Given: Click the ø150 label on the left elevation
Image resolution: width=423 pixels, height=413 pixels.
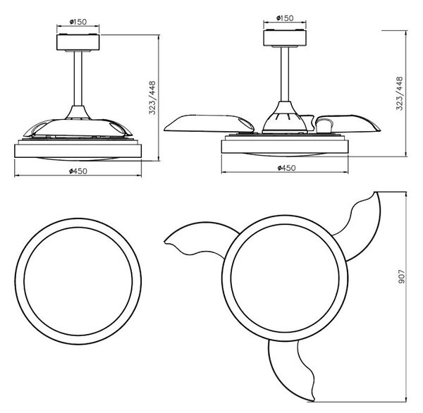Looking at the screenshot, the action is click(x=78, y=22).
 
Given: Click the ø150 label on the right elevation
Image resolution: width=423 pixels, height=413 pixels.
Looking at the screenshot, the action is click(x=285, y=18).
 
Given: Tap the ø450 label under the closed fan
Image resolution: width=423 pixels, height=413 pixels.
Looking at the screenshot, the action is click(x=78, y=171).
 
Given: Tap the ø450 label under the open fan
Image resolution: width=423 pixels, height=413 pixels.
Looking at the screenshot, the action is click(x=286, y=168).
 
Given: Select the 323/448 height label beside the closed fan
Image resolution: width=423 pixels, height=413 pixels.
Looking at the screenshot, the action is click(x=152, y=98).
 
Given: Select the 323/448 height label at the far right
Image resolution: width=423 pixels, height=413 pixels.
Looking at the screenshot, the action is click(x=399, y=93).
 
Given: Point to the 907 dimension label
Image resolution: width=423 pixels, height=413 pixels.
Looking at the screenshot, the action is click(x=402, y=276).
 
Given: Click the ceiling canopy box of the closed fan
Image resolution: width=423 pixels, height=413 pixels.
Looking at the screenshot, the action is click(x=78, y=42).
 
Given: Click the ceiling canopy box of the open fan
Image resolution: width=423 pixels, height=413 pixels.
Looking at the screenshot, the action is click(x=285, y=38).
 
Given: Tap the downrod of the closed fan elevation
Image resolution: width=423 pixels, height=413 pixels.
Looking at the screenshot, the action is click(x=78, y=78).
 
